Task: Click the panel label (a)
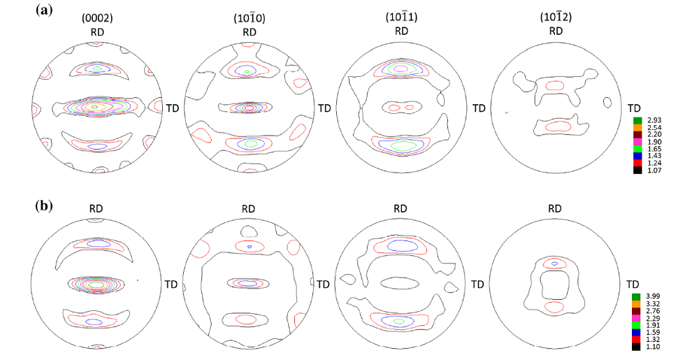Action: pos(44,10)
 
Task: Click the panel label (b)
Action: pos(44,206)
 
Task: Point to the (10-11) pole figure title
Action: pos(401,18)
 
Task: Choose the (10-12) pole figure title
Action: pos(556,18)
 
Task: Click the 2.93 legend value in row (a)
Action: pos(650,120)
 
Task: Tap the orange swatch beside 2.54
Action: pos(637,127)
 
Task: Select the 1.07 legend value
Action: pos(650,170)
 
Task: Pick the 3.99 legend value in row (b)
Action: pos(649,296)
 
